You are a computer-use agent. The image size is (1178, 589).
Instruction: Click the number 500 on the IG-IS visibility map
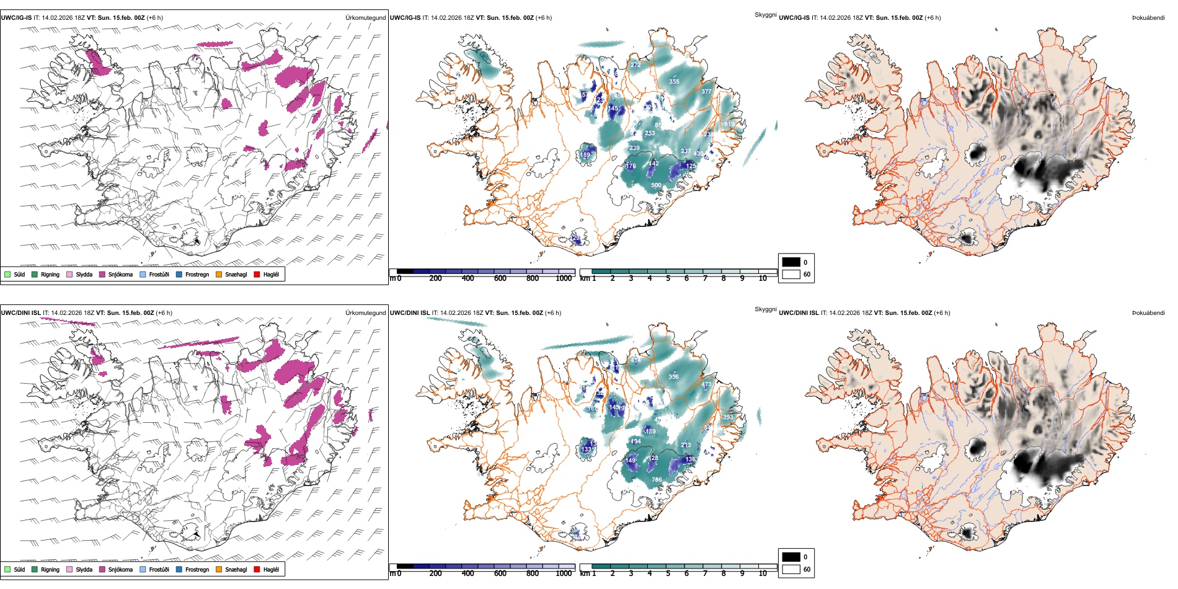point(656,185)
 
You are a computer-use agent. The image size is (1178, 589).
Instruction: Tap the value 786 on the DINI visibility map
point(657,479)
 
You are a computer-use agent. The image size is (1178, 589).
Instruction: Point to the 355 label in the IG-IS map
point(674,82)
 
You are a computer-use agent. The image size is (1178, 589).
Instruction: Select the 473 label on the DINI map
point(706,385)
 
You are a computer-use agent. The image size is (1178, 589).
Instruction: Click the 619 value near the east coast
point(729,125)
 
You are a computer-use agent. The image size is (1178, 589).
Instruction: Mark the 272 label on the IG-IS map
point(635,65)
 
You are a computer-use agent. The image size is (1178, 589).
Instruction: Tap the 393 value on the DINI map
point(728,417)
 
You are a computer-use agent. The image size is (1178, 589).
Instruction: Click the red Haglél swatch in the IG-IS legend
point(257,275)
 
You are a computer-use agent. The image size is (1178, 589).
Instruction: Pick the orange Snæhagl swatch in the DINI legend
point(219,569)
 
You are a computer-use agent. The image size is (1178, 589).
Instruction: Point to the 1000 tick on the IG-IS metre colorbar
point(564,278)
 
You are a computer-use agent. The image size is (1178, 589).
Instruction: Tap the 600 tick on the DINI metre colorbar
point(500,573)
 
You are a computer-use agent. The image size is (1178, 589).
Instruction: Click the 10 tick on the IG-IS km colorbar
point(763,278)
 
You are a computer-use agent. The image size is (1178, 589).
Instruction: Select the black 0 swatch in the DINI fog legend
point(791,557)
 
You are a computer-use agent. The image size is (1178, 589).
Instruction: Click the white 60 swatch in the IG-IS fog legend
point(791,274)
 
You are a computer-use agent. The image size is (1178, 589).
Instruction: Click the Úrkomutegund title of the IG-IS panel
point(365,18)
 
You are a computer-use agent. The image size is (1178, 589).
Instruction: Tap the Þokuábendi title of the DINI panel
point(1148,313)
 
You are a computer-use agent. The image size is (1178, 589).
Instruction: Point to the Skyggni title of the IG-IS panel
point(765,15)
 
